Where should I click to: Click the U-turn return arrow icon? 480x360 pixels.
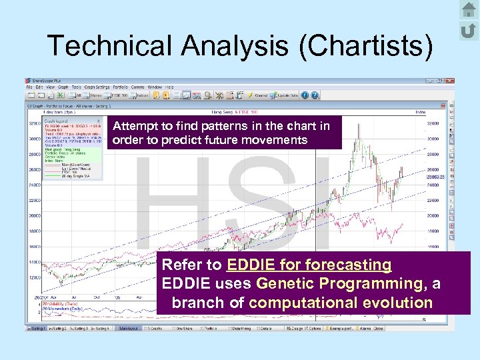469,30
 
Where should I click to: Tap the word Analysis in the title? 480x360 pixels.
233,46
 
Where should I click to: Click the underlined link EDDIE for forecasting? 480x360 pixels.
309,265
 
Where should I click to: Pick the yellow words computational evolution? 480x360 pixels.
341,302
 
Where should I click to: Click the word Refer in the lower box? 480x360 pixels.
182,265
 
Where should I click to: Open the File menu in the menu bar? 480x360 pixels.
29,87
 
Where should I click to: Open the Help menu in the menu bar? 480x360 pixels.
170,87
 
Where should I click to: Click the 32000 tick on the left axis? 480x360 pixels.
34,123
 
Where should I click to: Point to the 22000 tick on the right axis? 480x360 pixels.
434,201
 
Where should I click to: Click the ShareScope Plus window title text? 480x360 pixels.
49,80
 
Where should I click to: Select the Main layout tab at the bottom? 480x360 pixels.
137,328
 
